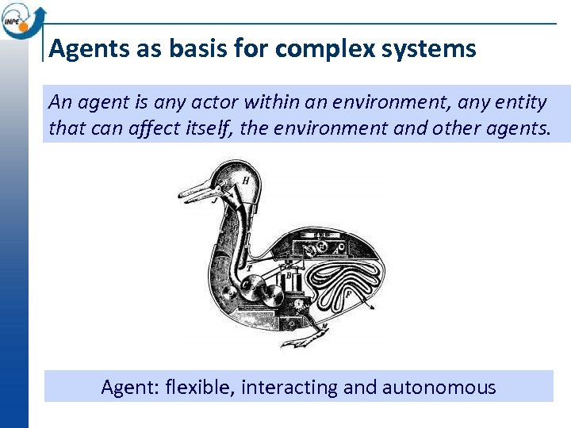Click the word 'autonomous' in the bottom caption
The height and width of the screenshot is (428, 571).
point(439,388)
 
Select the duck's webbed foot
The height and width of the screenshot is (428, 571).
point(301,341)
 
